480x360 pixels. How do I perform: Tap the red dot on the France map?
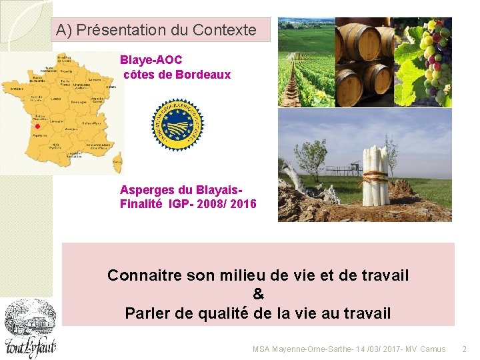click(38, 126)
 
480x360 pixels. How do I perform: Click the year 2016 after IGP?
click(242, 204)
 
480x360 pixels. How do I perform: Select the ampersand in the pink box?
click(259, 294)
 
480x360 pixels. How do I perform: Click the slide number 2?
click(465, 349)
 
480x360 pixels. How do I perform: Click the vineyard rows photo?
click(305, 62)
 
